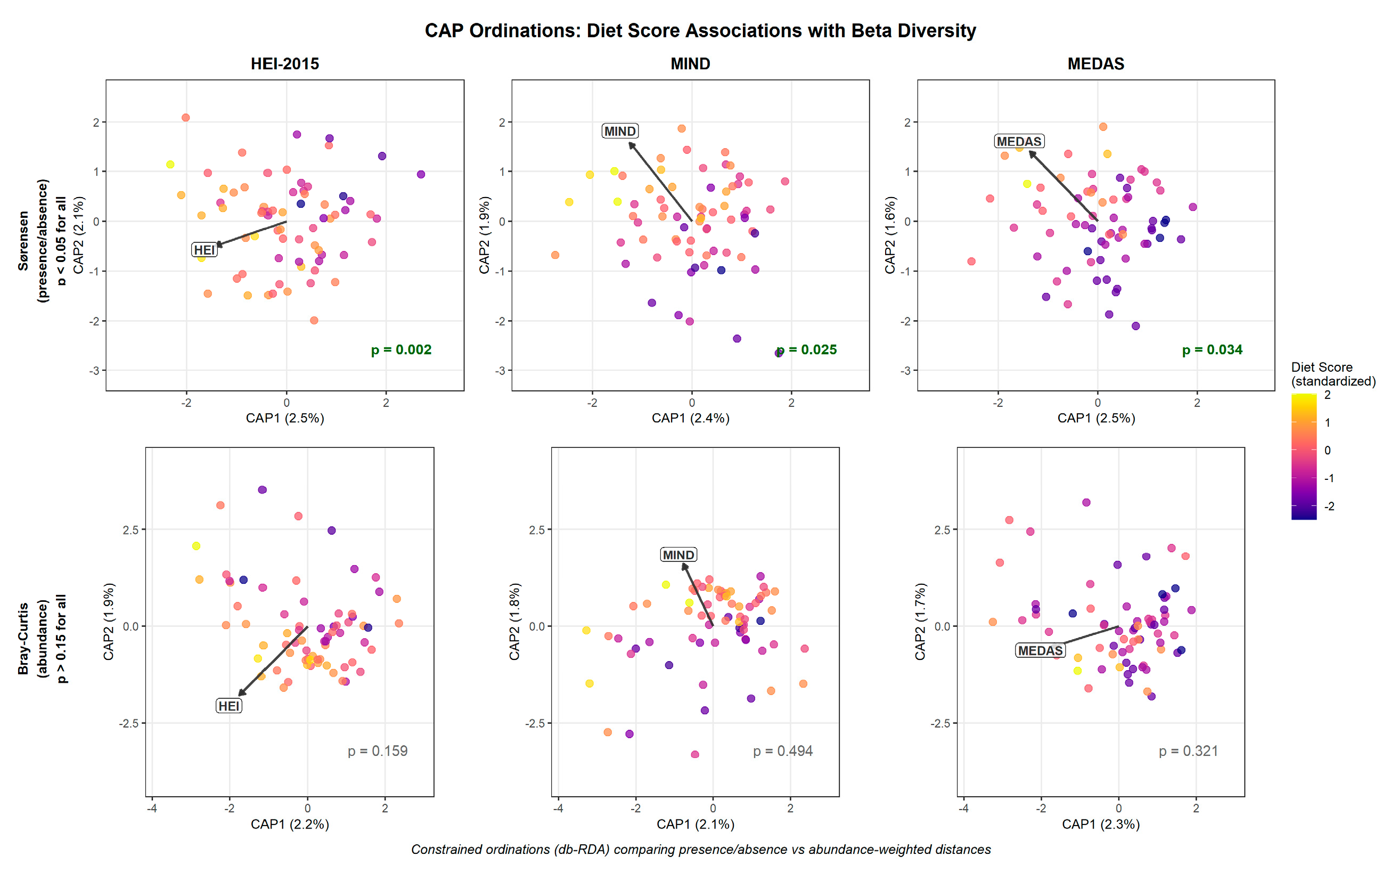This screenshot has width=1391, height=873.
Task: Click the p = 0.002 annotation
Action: pos(401,349)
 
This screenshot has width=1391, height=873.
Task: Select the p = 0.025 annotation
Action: pos(806,349)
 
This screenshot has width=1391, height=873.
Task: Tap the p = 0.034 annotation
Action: pos(1212,349)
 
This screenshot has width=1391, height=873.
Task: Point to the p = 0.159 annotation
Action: pos(378,750)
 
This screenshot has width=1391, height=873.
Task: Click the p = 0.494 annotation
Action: pos(783,750)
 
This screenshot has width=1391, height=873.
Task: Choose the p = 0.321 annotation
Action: pos(1189,750)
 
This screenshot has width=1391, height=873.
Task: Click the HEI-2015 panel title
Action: pos(284,63)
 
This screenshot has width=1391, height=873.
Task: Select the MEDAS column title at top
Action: pos(1095,63)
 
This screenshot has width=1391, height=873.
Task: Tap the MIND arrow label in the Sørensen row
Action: pos(620,131)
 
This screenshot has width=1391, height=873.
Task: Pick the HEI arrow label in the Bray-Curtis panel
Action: pos(228,706)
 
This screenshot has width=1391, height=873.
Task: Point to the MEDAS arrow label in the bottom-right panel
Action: pos(1040,651)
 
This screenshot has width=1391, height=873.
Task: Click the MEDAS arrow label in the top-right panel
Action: pos(1019,142)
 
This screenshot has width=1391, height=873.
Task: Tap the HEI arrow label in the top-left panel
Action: pos(204,250)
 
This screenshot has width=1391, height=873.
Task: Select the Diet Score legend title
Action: pos(1333,374)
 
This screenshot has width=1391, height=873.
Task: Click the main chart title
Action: pos(700,30)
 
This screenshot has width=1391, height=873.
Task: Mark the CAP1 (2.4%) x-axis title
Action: pos(690,418)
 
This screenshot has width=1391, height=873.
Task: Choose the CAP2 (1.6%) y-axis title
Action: pos(890,235)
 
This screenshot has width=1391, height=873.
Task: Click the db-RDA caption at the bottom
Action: pos(701,850)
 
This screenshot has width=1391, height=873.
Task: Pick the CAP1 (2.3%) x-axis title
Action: pos(1101,824)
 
